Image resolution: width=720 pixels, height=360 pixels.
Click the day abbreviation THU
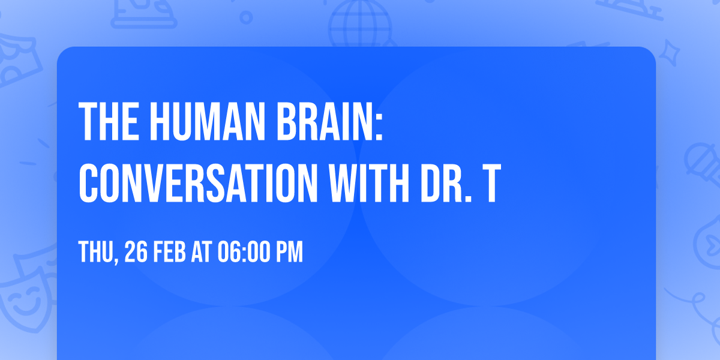tap(97, 252)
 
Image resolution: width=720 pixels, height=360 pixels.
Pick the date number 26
tap(136, 252)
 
